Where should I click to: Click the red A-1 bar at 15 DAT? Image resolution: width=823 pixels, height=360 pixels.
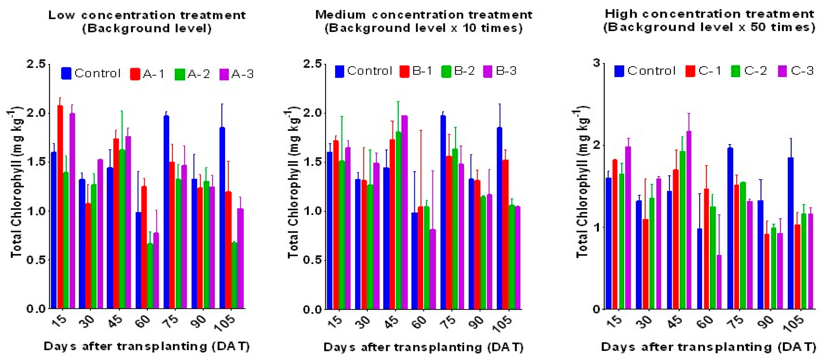(x=60, y=208)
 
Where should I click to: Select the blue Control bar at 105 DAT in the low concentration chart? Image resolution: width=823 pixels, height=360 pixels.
(x=222, y=217)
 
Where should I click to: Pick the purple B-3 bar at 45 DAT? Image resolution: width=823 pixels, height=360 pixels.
(x=404, y=212)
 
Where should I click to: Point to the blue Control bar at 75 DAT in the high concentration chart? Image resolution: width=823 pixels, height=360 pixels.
(x=730, y=228)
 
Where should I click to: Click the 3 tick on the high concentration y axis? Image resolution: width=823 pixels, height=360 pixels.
(x=596, y=63)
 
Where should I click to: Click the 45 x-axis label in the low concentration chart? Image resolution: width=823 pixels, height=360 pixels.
(x=115, y=321)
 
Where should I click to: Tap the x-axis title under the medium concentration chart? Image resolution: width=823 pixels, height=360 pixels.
(x=423, y=347)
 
